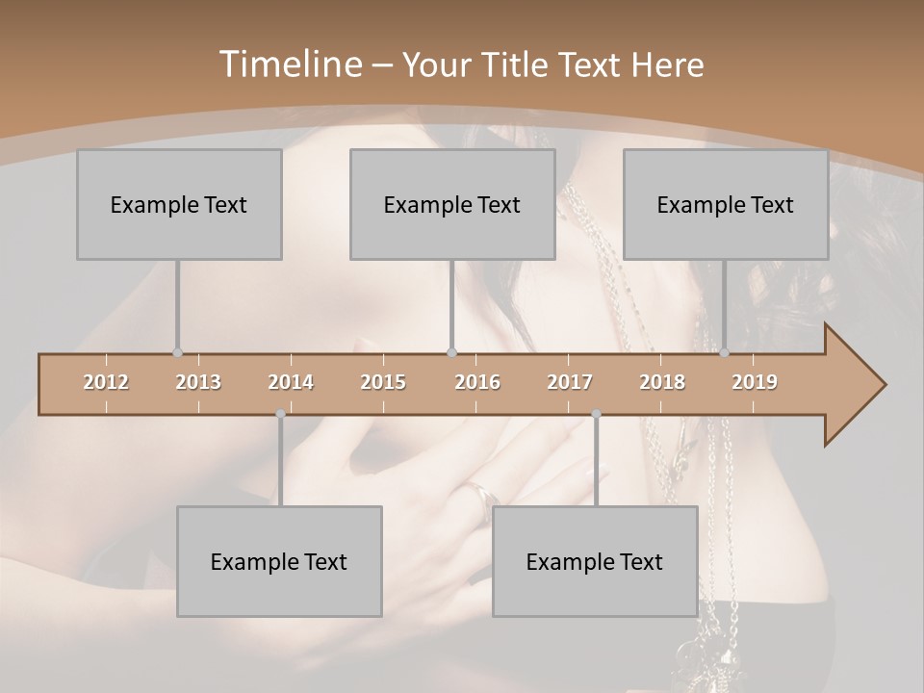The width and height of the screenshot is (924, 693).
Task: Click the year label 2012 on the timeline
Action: point(106,382)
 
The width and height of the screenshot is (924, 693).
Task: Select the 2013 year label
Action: point(198,382)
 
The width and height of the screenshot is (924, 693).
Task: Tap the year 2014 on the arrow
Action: point(291,382)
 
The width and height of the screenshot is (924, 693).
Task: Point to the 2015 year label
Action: point(383,382)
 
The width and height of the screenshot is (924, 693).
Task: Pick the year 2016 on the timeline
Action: point(477,382)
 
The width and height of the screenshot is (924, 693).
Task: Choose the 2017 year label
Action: point(570,382)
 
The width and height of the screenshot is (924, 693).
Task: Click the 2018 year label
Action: point(662,382)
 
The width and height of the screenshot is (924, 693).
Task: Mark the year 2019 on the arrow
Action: point(755,382)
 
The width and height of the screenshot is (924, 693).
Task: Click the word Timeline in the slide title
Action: point(289,64)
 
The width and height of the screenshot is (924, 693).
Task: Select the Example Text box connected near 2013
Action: point(179,204)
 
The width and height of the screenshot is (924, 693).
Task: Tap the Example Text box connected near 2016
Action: point(452,204)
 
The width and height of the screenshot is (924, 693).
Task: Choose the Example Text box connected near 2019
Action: point(726,204)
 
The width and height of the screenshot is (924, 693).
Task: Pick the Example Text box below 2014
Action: point(279,561)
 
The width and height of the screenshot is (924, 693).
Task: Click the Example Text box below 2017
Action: point(595,561)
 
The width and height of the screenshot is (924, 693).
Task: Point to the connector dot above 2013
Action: point(177,353)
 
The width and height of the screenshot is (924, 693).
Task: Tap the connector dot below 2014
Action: point(280,414)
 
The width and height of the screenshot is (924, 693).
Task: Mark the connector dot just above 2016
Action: point(452,353)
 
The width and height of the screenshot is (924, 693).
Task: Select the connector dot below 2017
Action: point(596,414)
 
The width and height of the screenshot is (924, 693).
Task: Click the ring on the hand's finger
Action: point(484,496)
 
